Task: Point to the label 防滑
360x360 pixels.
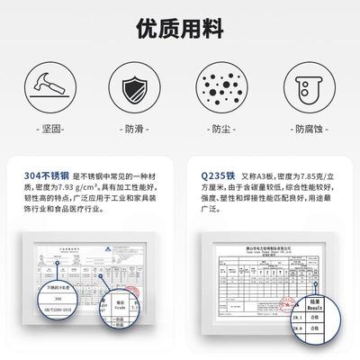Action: click(x=133, y=129)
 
